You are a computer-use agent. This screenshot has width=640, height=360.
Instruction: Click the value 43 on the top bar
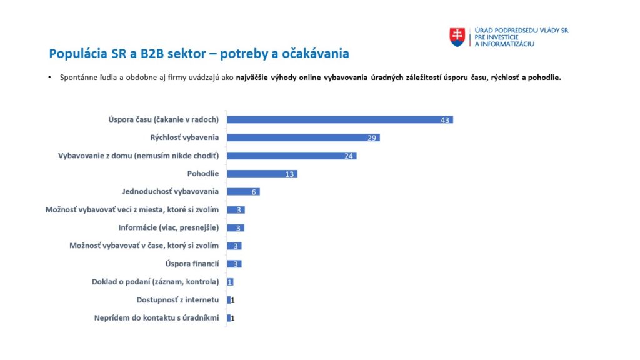click(x=445, y=120)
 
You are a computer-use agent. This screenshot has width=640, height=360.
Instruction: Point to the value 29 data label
click(x=372, y=138)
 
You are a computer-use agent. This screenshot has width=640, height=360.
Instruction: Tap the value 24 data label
click(x=349, y=156)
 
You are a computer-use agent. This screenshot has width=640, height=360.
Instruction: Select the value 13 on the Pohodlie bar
click(x=289, y=174)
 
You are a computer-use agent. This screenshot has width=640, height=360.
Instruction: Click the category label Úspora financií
click(x=192, y=264)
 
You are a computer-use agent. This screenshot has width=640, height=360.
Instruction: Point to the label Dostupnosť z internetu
click(x=177, y=300)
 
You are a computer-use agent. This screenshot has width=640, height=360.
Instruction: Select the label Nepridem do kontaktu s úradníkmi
click(x=156, y=318)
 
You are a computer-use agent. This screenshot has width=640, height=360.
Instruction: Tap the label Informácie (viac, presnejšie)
click(x=169, y=227)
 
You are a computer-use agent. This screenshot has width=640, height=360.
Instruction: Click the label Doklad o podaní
click(x=155, y=282)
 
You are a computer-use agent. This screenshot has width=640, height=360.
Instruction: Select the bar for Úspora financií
click(x=233, y=264)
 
